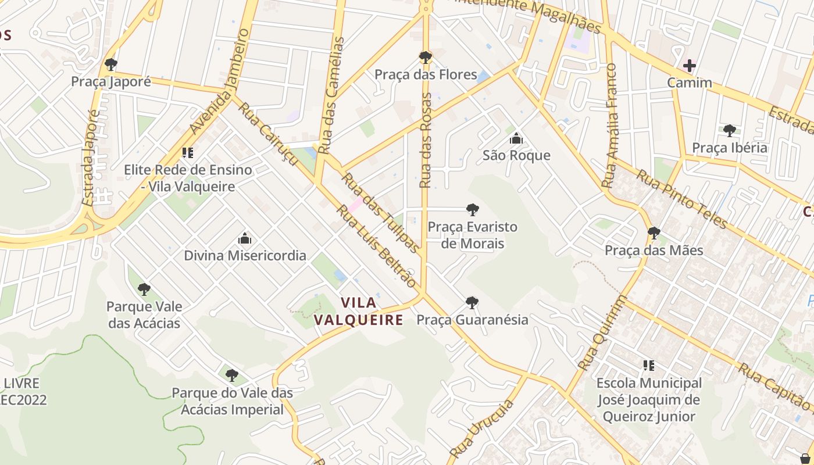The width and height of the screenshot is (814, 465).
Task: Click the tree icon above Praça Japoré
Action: coord(111,64)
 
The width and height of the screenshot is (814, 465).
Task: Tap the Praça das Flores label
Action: coord(426,75)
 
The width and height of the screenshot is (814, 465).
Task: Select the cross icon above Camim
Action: coord(690,65)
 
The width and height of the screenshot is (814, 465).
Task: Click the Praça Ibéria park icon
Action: coord(730,130)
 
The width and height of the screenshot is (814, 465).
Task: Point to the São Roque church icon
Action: coord(516,138)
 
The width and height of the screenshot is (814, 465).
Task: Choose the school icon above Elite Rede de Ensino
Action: coord(187,153)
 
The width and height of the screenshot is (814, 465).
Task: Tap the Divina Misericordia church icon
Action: coord(245,238)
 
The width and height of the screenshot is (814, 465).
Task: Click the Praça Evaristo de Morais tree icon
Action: coord(472,209)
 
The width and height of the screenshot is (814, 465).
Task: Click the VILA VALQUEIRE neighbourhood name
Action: coord(358,312)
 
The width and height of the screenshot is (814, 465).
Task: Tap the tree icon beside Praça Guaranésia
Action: coord(472,302)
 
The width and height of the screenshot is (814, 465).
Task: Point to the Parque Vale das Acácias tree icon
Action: coord(144,289)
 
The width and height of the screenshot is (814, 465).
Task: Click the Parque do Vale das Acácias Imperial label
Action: coord(232,401)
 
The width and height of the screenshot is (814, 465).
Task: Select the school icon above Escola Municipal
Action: coord(649,366)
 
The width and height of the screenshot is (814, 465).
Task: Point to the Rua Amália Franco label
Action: coord(610,125)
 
